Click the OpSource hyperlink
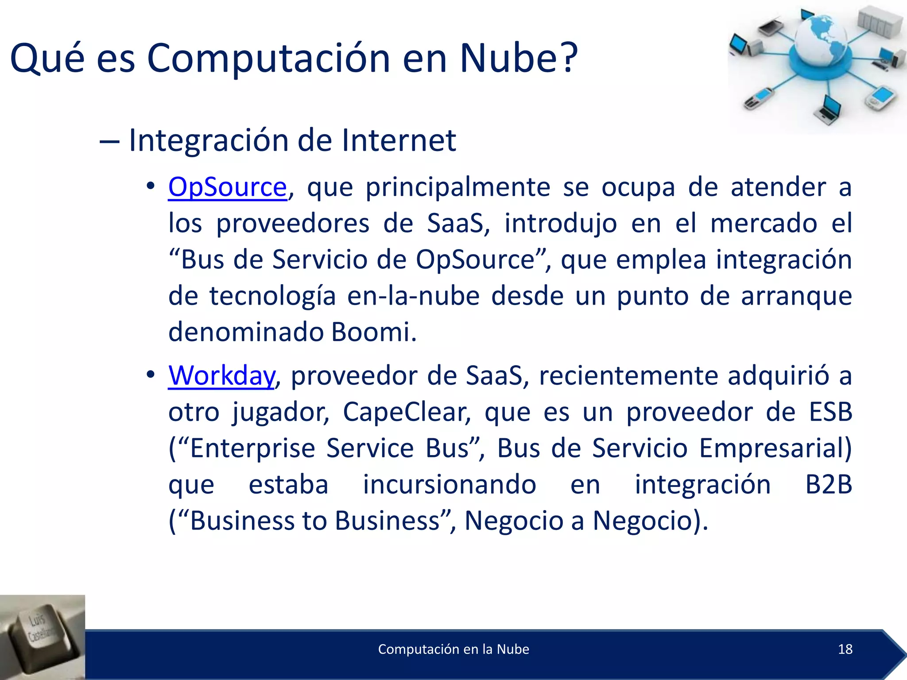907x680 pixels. (x=228, y=187)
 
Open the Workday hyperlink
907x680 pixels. (x=221, y=376)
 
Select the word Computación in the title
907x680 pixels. (x=268, y=58)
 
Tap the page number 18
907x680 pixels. (x=845, y=649)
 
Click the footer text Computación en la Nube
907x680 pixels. (x=453, y=649)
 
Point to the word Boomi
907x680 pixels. (x=373, y=332)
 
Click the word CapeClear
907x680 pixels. (x=407, y=412)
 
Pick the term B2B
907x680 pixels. (x=828, y=484)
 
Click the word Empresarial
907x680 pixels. (x=775, y=448)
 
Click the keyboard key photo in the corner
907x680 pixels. (x=43, y=637)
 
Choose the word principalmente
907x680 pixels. (x=457, y=187)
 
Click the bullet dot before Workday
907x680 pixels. (x=151, y=375)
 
